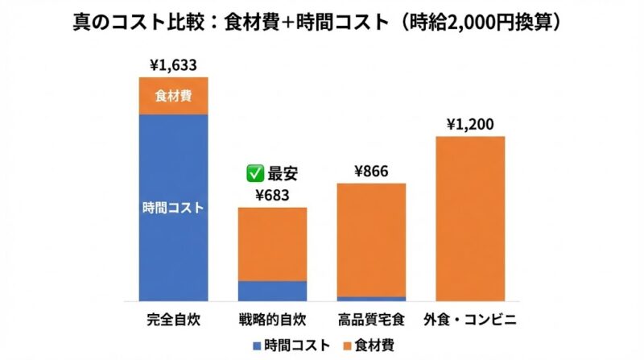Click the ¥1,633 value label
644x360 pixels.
click(173, 65)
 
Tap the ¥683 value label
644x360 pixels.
click(272, 195)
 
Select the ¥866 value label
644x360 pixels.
click(371, 171)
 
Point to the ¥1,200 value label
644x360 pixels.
click(470, 124)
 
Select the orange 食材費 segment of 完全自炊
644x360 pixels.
click(173, 96)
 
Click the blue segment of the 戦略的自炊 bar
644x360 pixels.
click(272, 291)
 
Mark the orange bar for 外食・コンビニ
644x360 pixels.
click(470, 218)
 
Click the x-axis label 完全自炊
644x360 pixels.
click(173, 318)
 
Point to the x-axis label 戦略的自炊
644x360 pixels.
click(272, 318)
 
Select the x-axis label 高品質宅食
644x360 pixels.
click(371, 318)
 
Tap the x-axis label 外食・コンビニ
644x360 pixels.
click(470, 318)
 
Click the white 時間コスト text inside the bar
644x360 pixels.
click(173, 207)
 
